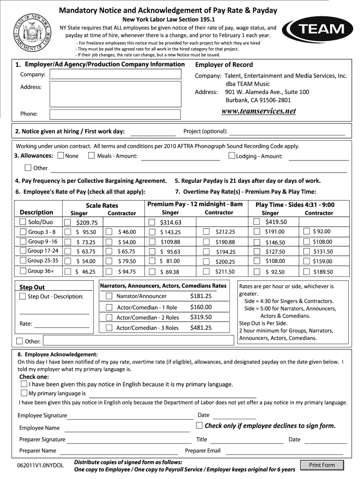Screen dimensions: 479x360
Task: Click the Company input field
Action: point(115,75)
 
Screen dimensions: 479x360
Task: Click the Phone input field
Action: point(115,114)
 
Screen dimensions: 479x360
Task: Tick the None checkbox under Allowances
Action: point(61,156)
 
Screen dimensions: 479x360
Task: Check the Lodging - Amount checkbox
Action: point(231,156)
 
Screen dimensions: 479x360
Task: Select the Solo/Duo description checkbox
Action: point(23,222)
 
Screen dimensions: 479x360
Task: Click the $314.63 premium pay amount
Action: point(170,223)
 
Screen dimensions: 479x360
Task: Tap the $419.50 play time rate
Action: point(276,222)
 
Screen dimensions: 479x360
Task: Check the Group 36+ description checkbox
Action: point(23,271)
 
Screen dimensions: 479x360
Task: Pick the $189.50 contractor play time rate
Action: point(323,272)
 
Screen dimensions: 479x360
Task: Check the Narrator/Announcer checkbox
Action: point(109,296)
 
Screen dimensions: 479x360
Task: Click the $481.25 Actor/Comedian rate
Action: point(201,328)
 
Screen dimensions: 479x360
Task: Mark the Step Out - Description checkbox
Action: point(23,297)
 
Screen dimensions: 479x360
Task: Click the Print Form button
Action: point(322,465)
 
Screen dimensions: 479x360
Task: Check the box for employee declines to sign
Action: point(200,425)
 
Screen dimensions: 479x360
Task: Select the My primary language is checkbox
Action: point(24,393)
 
